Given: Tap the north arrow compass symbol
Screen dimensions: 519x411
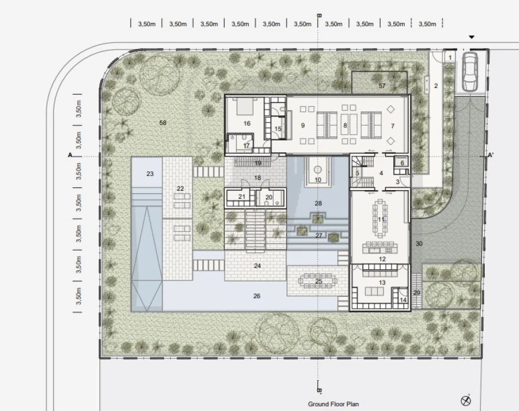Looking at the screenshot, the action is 466,400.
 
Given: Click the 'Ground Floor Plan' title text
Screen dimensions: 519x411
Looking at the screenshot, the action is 333,404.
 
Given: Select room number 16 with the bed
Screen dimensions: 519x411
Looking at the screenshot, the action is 247,123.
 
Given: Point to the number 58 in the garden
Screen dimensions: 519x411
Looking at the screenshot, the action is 162,123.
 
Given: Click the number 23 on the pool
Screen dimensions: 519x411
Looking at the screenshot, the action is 150,174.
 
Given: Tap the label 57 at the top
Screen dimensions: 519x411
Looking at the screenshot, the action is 382,86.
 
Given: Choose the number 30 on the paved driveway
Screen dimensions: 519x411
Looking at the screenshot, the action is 419,244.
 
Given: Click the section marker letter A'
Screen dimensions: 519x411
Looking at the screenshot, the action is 490,155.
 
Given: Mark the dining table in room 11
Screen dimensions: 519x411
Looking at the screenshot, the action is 380,219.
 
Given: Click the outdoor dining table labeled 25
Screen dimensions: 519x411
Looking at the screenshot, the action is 318,281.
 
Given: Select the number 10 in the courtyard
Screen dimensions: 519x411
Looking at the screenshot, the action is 318,180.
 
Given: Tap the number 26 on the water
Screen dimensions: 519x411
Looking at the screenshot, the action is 257,296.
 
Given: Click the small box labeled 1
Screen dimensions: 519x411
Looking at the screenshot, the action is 450,58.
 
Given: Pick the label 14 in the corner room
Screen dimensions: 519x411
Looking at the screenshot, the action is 403,300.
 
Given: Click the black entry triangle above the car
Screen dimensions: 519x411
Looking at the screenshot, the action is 472,37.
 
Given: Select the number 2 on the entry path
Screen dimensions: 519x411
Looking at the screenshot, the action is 436,86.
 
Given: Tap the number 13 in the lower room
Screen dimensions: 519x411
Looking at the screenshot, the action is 382,283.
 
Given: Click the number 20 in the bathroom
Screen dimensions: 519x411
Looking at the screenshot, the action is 269,198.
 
